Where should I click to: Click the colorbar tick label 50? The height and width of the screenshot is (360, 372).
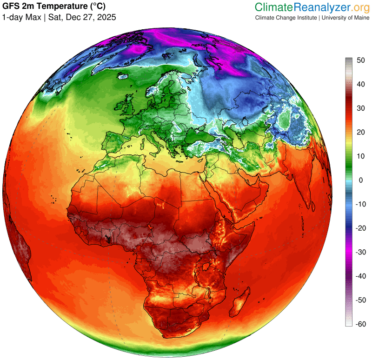tap(360, 60)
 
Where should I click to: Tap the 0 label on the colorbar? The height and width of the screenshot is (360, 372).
tap(359, 180)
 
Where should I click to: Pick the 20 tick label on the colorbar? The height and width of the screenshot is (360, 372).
tap(360, 133)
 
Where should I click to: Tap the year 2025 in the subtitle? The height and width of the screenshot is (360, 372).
tap(106, 17)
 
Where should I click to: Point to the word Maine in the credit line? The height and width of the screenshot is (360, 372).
tap(359, 18)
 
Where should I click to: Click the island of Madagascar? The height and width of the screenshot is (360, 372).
tap(239, 300)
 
